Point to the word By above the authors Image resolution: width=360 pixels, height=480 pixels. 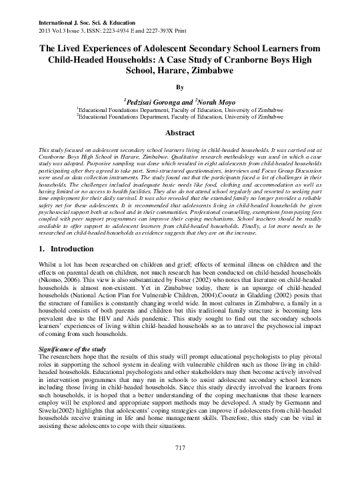(179, 86)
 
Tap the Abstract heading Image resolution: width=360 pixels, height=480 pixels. (179, 133)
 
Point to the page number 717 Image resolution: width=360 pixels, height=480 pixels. (179, 465)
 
